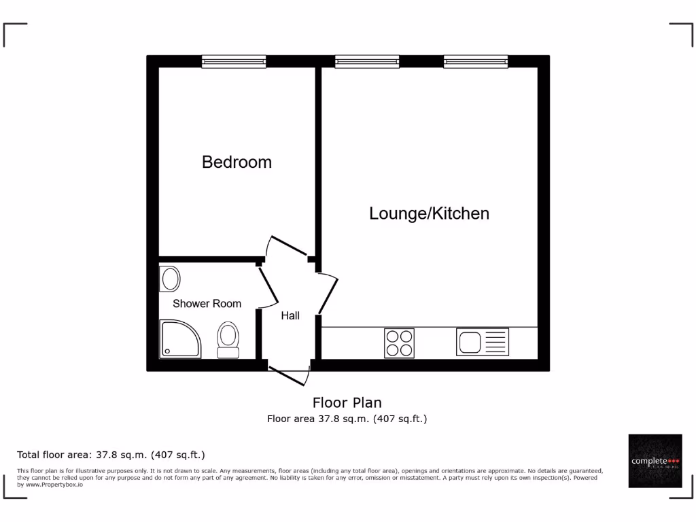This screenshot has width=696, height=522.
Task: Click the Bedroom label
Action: [x=237, y=162]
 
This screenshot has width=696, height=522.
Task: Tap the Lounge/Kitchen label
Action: [x=429, y=213]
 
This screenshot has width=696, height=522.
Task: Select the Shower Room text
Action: [x=207, y=304]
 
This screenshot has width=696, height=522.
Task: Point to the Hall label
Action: [x=290, y=315]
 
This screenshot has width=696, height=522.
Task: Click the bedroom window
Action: [x=234, y=62]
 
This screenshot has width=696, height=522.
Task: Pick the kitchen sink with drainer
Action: [x=482, y=341]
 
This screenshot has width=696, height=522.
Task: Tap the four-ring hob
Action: [x=399, y=342]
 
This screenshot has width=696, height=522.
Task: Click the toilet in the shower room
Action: [x=228, y=340]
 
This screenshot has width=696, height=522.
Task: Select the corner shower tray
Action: [x=180, y=339]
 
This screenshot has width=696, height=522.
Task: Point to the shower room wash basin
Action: [x=170, y=279]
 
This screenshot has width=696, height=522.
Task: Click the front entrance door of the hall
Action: [x=290, y=376]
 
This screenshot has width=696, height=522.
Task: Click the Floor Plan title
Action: [x=347, y=402]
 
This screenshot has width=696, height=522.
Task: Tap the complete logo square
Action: [x=655, y=461]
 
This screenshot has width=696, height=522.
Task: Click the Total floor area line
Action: [x=111, y=455]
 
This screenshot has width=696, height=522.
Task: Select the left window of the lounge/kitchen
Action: [x=367, y=62]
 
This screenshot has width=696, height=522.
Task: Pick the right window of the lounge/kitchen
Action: [x=476, y=62]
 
